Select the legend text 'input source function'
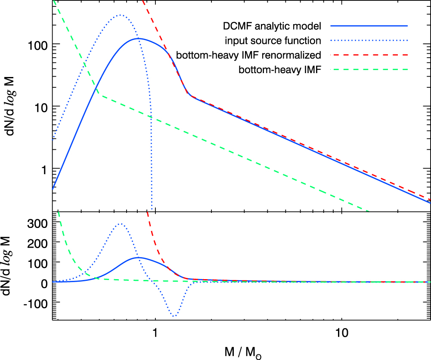coord(273,41)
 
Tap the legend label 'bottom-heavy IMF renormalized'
coord(249,55)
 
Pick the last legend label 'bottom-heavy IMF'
coord(280,69)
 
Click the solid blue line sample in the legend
coord(369,27)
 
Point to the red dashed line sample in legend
coord(369,55)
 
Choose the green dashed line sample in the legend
coord(369,69)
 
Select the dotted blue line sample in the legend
coord(369,41)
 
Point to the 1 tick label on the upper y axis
coord(43,169)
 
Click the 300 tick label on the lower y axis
coord(37,222)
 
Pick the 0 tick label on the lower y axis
coord(43,283)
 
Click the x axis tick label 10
coord(341,332)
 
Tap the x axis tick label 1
coord(155,332)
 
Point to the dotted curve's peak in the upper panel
coord(120,15)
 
